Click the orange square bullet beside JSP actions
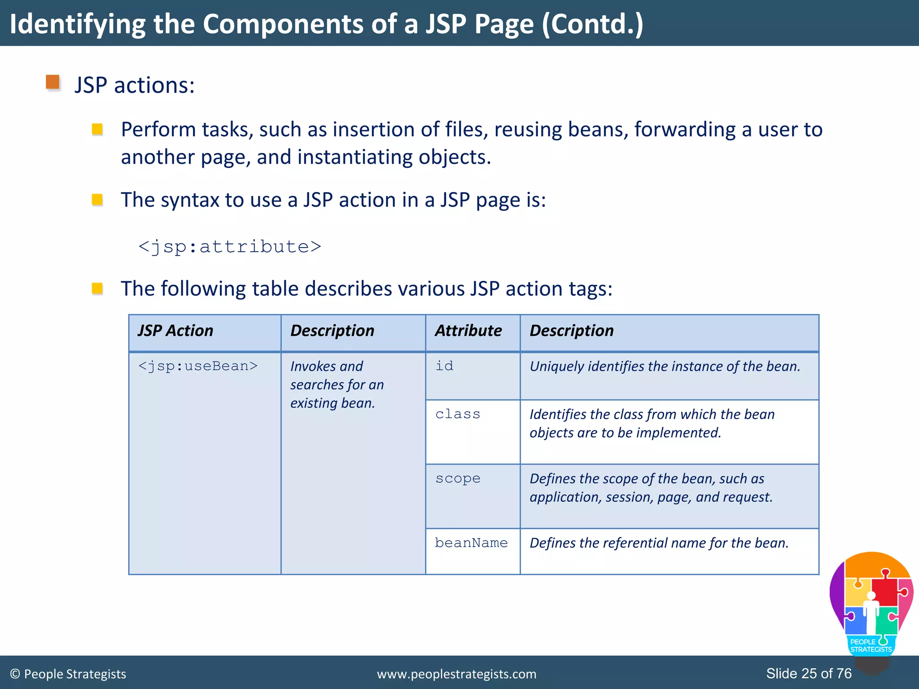click(53, 83)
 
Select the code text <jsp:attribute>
click(230, 247)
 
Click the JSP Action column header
click(175, 331)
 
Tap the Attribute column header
click(468, 331)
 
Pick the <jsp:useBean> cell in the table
click(198, 366)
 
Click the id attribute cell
click(444, 366)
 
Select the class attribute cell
click(458, 414)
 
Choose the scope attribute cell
click(458, 479)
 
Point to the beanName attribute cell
click(471, 543)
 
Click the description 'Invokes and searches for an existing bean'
click(337, 385)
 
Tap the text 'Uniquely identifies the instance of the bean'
click(665, 366)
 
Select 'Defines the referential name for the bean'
click(659, 543)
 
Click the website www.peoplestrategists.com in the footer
click(456, 674)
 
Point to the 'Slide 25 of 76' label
click(809, 673)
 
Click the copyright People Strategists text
click(68, 674)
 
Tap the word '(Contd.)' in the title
click(592, 24)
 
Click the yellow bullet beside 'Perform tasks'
click(97, 130)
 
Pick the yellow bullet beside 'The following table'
click(97, 288)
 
